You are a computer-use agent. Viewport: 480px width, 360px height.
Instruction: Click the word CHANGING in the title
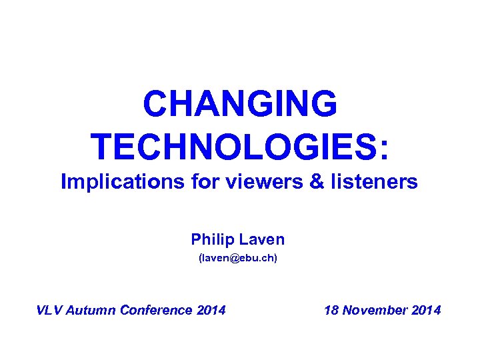[x=239, y=104]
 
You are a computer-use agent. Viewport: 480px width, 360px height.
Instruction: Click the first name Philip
[x=211, y=239]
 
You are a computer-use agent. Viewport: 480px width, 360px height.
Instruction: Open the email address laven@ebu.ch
[x=238, y=258]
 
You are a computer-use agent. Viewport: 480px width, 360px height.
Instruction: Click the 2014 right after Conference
[x=211, y=310]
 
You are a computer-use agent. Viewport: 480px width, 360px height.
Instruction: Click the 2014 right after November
[x=427, y=310]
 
